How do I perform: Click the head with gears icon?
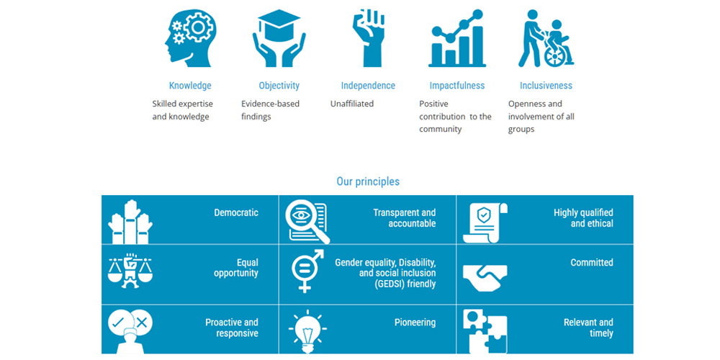click(190, 36)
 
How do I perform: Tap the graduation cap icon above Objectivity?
click(279, 38)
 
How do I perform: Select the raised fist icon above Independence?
click(368, 38)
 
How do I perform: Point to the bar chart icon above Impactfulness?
click(457, 38)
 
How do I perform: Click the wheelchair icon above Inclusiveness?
click(546, 38)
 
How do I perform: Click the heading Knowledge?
click(190, 86)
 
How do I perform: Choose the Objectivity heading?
click(279, 86)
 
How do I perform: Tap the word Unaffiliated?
click(352, 104)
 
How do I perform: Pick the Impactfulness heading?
click(457, 86)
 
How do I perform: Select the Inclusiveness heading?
click(546, 86)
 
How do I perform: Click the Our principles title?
click(368, 181)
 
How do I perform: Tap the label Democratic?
click(236, 212)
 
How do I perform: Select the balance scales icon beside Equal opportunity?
click(130, 273)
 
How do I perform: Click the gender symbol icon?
click(307, 271)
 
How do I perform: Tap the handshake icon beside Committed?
click(485, 278)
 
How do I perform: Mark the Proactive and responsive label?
click(231, 328)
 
